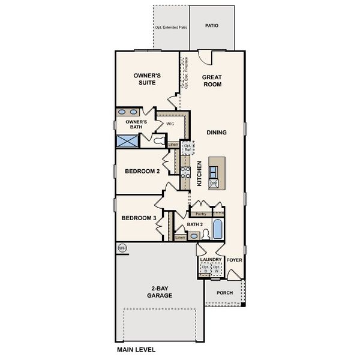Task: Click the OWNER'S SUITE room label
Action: coord(146,80)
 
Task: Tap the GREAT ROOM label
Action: coord(212,80)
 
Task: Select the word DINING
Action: coord(216,132)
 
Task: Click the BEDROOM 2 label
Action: coord(142,172)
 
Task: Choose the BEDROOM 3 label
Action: coord(139,218)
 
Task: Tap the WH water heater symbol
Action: coord(122,248)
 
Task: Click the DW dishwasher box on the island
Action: coord(214,183)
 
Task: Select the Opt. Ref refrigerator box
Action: coord(187,148)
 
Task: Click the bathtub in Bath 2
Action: coord(217,229)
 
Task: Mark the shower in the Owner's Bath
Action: coord(127,141)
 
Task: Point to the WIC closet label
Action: coord(170,124)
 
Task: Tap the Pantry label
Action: coord(201,214)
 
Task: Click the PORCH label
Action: coord(225,293)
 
